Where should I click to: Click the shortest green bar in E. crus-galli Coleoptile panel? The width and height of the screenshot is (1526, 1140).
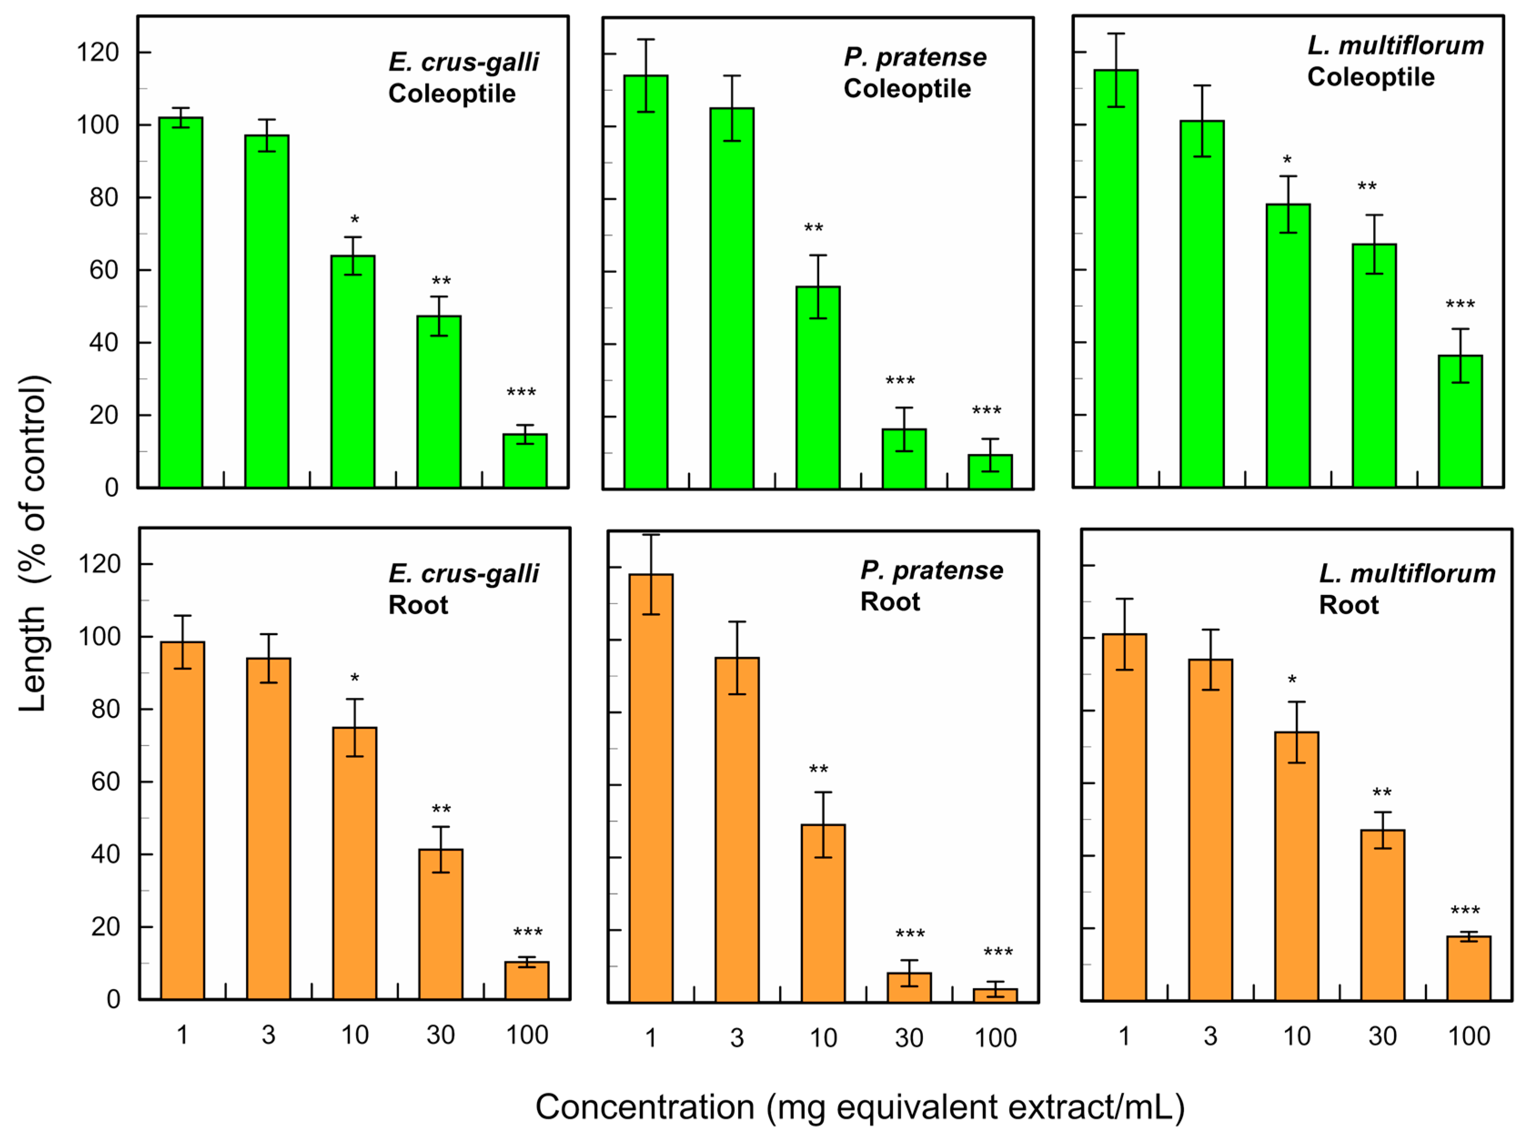tap(525, 460)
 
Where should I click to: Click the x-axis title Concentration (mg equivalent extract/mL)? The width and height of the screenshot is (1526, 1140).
tap(860, 1107)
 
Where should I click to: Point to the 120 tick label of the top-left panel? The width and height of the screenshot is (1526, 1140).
tap(97, 52)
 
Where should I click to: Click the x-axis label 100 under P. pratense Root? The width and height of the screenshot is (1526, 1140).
tap(995, 1037)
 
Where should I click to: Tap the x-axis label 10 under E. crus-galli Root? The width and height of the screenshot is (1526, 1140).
tap(355, 1034)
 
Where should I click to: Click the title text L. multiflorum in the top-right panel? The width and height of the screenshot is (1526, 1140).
tap(1395, 45)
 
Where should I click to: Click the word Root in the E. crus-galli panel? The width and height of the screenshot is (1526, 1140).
tap(418, 605)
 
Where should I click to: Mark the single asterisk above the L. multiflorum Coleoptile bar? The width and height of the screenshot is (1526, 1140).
tap(1287, 161)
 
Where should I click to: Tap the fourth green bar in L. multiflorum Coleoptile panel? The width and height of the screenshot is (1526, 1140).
tap(1374, 366)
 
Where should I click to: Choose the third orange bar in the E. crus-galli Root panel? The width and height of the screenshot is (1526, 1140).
tap(355, 863)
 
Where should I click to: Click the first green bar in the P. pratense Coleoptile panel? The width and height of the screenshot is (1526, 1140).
tap(646, 282)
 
